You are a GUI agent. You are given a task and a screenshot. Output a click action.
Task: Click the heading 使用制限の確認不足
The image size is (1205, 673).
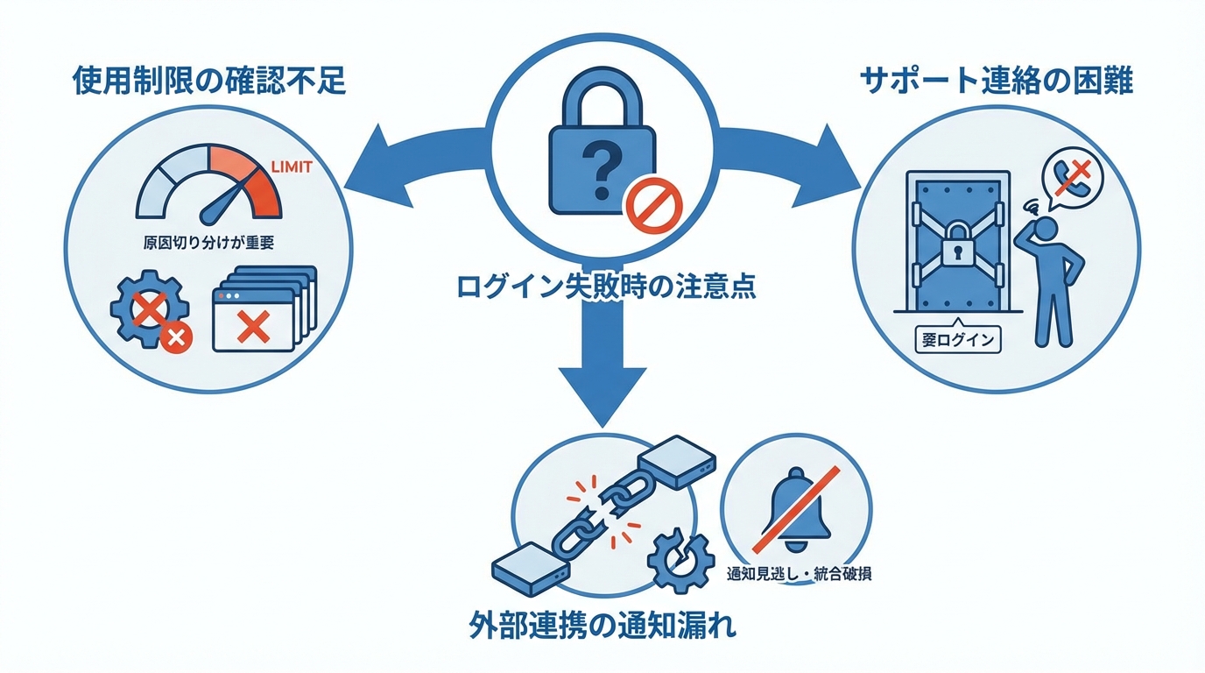tap(208, 82)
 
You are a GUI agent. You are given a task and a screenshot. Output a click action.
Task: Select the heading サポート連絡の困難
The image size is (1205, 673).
tap(997, 82)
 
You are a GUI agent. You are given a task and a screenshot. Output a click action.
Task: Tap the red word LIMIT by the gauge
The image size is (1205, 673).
tap(293, 166)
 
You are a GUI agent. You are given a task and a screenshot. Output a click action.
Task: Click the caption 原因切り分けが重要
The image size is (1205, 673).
tap(208, 243)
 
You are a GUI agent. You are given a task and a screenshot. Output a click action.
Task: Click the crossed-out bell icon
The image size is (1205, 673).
tap(795, 514)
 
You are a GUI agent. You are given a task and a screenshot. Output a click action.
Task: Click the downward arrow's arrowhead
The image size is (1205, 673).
tap(603, 394)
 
